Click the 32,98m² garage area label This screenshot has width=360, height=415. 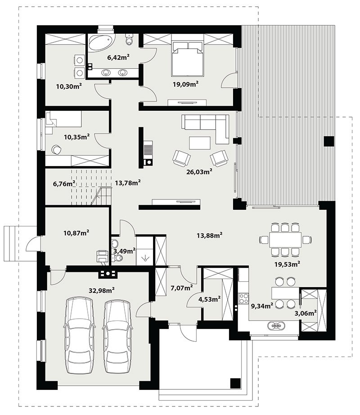102,290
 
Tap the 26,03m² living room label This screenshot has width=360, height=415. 199,172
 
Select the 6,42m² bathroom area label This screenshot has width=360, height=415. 118,57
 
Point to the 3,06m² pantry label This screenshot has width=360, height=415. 306,313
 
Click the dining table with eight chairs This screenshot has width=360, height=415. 285,240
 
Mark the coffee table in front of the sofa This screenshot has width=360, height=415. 200,143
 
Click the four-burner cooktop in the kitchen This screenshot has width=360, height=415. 243,298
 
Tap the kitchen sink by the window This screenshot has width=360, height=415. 276,325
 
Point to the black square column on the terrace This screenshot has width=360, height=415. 329,141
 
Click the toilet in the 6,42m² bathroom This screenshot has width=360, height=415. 129,39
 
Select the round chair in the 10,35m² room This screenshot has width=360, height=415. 56,149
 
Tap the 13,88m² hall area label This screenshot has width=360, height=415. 209,235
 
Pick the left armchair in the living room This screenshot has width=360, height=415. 181,158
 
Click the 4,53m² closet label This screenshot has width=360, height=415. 210,299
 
